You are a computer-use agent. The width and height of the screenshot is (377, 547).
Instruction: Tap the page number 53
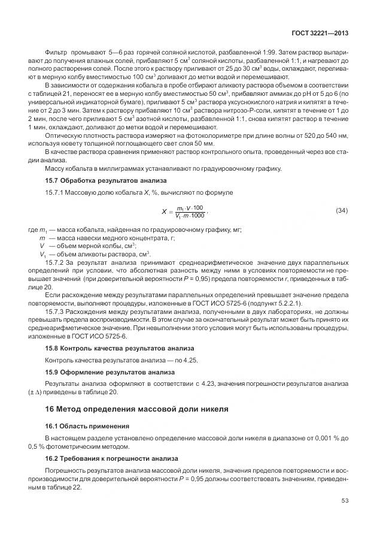(345, 518)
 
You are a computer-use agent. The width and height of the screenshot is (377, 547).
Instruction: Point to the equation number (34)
(342, 211)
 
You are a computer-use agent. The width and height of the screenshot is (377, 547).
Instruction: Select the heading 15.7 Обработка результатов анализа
(106, 180)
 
